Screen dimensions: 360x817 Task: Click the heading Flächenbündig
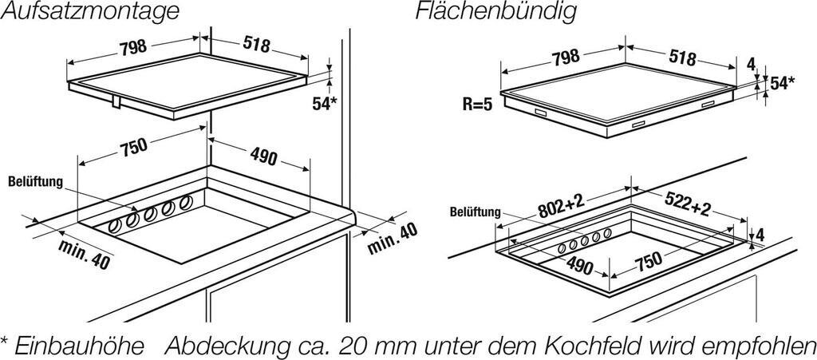(494, 12)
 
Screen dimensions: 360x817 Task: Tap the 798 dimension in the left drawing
(132, 47)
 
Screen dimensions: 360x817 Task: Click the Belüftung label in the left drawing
(34, 182)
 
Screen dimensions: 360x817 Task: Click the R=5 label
(477, 105)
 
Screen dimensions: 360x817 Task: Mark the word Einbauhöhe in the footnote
(80, 346)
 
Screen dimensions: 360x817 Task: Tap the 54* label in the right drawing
(781, 83)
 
